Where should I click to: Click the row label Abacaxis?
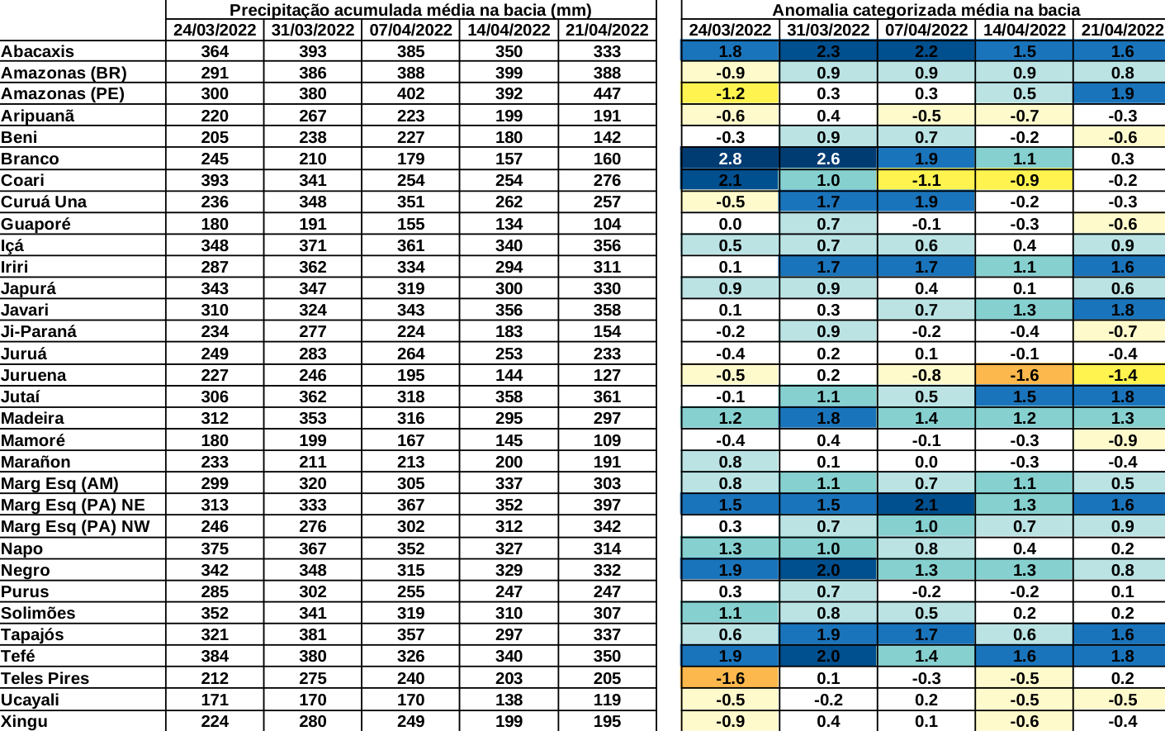[x=37, y=51]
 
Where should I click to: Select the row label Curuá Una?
[x=43, y=202]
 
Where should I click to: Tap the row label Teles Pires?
[x=45, y=678]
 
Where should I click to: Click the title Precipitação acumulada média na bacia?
[x=410, y=10]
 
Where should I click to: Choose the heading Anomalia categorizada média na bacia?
[x=926, y=10]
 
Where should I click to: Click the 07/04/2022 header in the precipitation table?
[x=410, y=30]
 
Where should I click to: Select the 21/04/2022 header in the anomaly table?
[x=1121, y=30]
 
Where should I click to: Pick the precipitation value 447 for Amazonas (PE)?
[x=607, y=93]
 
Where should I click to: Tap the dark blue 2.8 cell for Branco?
[x=730, y=159]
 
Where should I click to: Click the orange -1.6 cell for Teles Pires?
[x=730, y=678]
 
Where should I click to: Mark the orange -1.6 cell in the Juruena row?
[x=1024, y=375]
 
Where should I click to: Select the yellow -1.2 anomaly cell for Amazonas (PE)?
[x=730, y=93]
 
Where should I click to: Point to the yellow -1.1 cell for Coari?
[x=926, y=180]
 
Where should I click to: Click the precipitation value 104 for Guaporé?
[x=607, y=224]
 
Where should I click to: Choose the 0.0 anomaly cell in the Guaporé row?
[x=730, y=224]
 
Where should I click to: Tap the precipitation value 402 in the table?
[x=410, y=93]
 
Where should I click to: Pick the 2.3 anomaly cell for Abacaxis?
[x=828, y=51]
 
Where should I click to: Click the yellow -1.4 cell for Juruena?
[x=1121, y=375]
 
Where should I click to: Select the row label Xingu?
[x=24, y=721]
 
